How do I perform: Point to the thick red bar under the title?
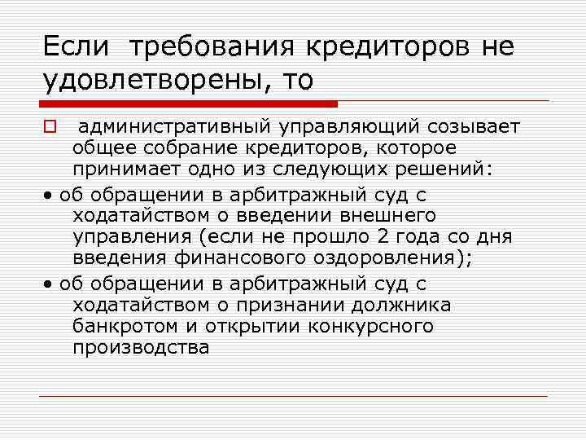coord(189,104)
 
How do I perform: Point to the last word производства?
coord(141,346)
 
